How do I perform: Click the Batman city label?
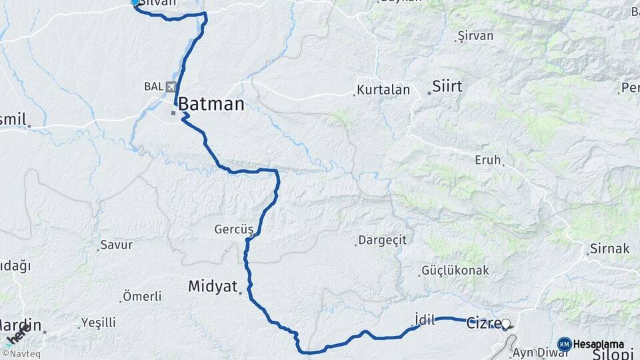click(x=211, y=103)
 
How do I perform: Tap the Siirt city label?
click(x=447, y=85)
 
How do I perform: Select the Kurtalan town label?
click(x=381, y=89)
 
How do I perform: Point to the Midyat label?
click(x=213, y=286)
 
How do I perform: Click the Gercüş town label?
click(x=234, y=229)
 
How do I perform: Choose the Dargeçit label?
click(x=382, y=240)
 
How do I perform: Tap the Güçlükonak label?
click(x=455, y=271)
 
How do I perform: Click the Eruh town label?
click(x=487, y=160)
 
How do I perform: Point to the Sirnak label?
click(x=609, y=249)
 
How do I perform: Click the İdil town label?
click(x=425, y=320)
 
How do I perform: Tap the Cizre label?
click(x=480, y=320)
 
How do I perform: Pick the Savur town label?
click(x=116, y=245)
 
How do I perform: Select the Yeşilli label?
click(x=99, y=323)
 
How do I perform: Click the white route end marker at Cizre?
click(x=505, y=325)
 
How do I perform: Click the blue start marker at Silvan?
click(x=135, y=3)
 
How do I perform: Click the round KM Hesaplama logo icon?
click(x=565, y=344)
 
